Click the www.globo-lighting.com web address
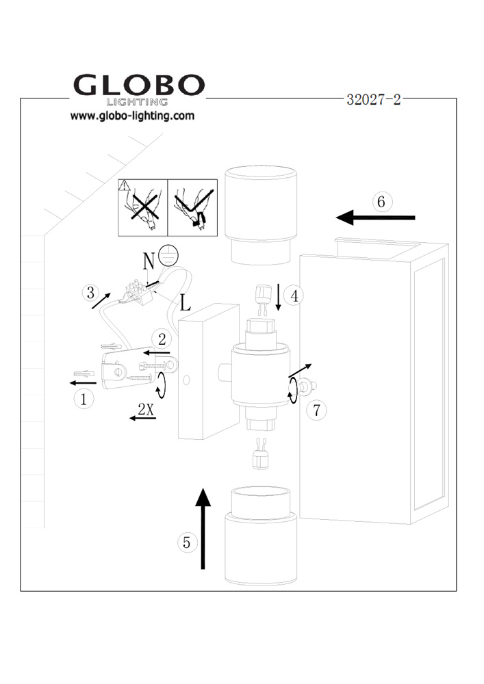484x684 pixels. pyautogui.click(x=132, y=116)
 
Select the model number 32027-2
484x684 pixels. pyautogui.click(x=374, y=99)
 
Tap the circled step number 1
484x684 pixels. pyautogui.click(x=84, y=399)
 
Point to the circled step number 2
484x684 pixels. pyautogui.click(x=162, y=339)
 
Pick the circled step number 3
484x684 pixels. pyautogui.click(x=90, y=292)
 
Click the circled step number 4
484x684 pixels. pyautogui.click(x=294, y=295)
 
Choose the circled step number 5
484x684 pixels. pyautogui.click(x=187, y=542)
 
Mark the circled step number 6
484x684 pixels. pyautogui.click(x=381, y=202)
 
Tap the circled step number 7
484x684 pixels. pyautogui.click(x=316, y=410)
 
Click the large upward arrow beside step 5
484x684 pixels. pyautogui.click(x=203, y=528)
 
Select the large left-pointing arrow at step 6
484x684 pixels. pyautogui.click(x=375, y=218)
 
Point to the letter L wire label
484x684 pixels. pyautogui.click(x=186, y=302)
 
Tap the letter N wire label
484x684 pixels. pyautogui.click(x=149, y=261)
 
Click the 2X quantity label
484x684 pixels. pyautogui.click(x=147, y=409)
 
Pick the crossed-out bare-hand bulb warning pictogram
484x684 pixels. pyautogui.click(x=142, y=208)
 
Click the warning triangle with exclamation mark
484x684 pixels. pyautogui.click(x=125, y=186)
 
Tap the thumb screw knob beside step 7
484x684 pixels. pyautogui.click(x=308, y=386)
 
